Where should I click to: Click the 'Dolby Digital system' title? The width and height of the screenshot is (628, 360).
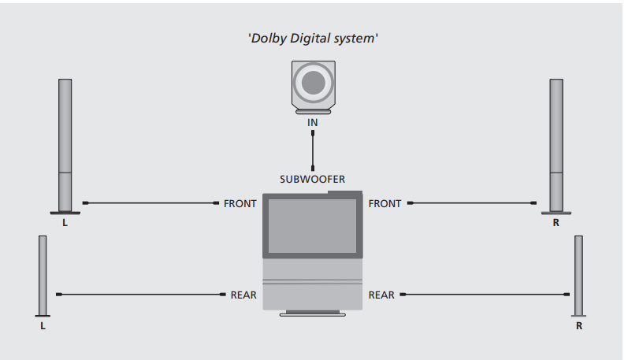(314, 38)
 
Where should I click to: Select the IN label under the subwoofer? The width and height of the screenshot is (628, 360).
(313, 123)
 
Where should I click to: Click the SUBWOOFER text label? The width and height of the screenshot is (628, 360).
(313, 179)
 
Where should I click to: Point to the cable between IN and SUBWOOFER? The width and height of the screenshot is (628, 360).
(313, 150)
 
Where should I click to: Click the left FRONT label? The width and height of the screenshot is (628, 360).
(240, 203)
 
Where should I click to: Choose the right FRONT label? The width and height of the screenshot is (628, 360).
(385, 203)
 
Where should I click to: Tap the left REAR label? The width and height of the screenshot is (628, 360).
(243, 295)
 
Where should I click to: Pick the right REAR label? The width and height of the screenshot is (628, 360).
(382, 295)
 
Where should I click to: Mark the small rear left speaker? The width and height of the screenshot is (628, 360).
(43, 276)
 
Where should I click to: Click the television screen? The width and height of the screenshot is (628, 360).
(313, 226)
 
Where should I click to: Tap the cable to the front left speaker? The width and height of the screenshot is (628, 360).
(150, 203)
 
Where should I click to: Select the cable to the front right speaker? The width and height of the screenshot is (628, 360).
(473, 203)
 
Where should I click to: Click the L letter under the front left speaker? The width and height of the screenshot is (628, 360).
(65, 223)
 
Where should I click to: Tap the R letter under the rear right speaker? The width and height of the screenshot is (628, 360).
(578, 325)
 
